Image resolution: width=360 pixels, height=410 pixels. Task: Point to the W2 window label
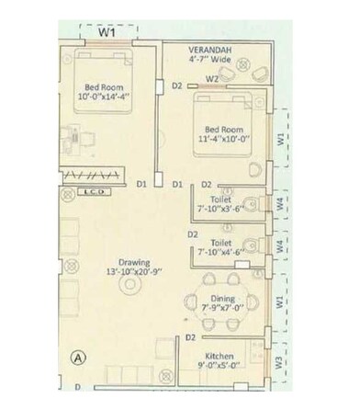211,80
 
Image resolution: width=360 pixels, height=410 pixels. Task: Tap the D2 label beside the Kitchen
189,338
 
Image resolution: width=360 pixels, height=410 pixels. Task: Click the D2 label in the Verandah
176,86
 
